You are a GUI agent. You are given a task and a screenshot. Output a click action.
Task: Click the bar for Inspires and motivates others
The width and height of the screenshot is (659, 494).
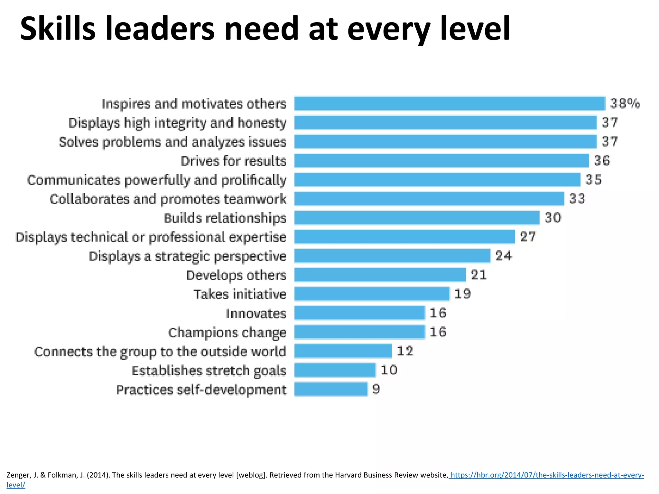(x=450, y=104)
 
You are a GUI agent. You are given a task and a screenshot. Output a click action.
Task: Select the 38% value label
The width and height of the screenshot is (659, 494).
(x=625, y=104)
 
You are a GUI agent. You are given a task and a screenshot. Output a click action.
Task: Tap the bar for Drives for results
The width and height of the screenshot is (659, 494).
(x=441, y=160)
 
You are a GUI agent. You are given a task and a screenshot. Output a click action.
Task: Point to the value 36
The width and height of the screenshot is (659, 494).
(x=602, y=160)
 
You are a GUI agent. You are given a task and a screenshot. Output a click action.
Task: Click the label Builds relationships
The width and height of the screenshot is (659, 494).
(x=225, y=218)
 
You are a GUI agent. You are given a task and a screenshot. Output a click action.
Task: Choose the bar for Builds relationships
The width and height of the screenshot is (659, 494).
(x=417, y=218)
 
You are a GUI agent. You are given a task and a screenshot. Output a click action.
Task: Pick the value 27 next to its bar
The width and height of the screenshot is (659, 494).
(x=528, y=237)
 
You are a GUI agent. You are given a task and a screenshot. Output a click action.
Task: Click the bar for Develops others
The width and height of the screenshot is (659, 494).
(x=380, y=275)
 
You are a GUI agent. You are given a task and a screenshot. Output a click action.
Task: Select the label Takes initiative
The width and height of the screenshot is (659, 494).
(x=240, y=294)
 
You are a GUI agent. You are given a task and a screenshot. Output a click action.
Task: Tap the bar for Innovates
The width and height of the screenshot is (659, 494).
(x=359, y=313)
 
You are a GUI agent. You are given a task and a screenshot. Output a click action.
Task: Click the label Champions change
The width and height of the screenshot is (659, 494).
(x=227, y=333)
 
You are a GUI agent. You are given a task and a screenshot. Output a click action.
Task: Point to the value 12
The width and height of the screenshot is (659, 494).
(x=405, y=351)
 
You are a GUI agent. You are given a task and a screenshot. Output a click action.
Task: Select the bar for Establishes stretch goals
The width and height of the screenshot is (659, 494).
(x=335, y=370)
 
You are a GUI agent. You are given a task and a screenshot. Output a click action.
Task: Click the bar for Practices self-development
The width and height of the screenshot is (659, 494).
(x=331, y=389)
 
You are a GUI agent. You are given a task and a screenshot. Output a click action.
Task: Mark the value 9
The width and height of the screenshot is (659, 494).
(x=376, y=389)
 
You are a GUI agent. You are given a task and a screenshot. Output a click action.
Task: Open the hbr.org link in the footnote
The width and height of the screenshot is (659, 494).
(x=547, y=475)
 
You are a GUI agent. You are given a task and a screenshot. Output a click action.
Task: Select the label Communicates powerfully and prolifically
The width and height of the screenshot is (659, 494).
(x=157, y=180)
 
